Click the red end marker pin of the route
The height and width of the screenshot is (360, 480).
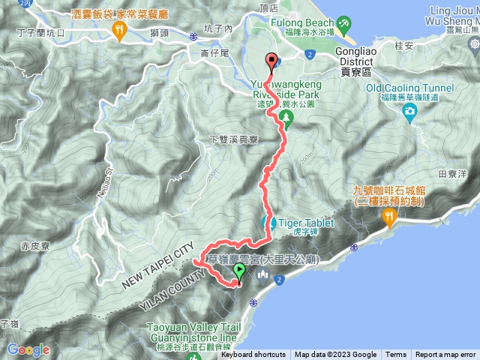click(271, 63)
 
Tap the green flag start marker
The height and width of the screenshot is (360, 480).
click(239, 271)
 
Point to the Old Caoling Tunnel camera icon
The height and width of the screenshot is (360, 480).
click(409, 112)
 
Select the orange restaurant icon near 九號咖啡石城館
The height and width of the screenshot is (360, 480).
click(388, 217)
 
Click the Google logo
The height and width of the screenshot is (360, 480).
click(28, 349)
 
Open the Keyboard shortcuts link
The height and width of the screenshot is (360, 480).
click(253, 355)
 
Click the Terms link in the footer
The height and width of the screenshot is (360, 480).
click(396, 355)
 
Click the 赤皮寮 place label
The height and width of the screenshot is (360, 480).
click(35, 245)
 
